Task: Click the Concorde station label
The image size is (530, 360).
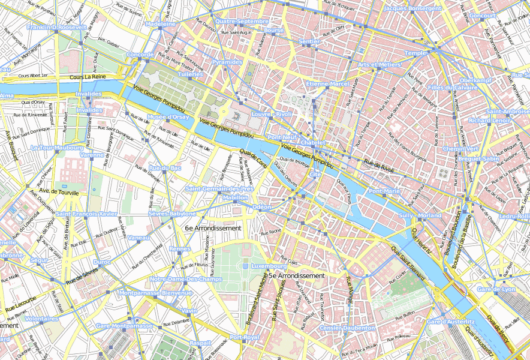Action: pos(141,55)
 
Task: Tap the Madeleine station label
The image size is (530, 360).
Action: pos(161,24)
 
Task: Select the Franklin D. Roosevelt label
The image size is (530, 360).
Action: pos(58,28)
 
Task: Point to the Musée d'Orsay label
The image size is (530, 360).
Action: pos(168,117)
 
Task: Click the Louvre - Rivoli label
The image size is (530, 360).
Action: pos(272,113)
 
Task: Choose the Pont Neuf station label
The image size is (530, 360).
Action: pos(282,137)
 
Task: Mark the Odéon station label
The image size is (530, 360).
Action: pos(262,206)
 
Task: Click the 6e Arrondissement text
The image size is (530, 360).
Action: pos(213,228)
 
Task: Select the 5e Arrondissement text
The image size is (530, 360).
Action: pos(296,275)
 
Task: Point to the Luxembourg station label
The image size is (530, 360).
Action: pos(268,265)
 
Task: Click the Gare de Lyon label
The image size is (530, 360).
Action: pos(496,289)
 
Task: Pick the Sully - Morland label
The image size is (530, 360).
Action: pos(420,215)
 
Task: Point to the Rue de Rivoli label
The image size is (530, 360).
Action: pos(379,166)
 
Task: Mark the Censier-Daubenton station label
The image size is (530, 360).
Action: pos(347,328)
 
